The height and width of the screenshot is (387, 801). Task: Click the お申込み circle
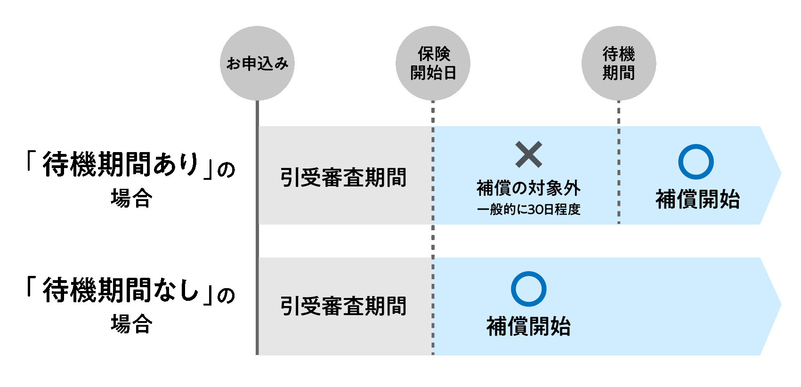pyautogui.click(x=257, y=63)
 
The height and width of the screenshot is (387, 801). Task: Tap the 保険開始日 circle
pyautogui.click(x=433, y=63)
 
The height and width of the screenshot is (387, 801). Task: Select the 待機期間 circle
pyautogui.click(x=619, y=63)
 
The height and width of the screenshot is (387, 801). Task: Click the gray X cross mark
pyautogui.click(x=529, y=154)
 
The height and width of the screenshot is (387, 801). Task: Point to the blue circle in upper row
pyautogui.click(x=696, y=162)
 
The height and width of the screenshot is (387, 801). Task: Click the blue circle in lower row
pyautogui.click(x=528, y=289)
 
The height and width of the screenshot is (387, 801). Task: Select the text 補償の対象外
pyautogui.click(x=528, y=188)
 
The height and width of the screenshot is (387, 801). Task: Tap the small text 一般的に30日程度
pyautogui.click(x=528, y=210)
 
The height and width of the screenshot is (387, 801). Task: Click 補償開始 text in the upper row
pyautogui.click(x=697, y=199)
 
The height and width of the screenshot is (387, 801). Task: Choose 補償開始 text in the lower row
pyautogui.click(x=528, y=326)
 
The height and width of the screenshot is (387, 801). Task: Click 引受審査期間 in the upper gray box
pyautogui.click(x=343, y=178)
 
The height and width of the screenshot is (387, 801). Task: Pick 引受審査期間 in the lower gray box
pyautogui.click(x=343, y=306)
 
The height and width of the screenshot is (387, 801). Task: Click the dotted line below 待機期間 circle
pyautogui.click(x=619, y=113)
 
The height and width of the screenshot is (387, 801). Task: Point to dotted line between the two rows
pyautogui.click(x=433, y=241)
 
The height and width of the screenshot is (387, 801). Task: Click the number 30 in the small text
pyautogui.click(x=535, y=210)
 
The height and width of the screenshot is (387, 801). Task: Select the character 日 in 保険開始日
pyautogui.click(x=450, y=73)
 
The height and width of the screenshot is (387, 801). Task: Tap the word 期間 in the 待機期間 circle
pyautogui.click(x=619, y=73)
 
